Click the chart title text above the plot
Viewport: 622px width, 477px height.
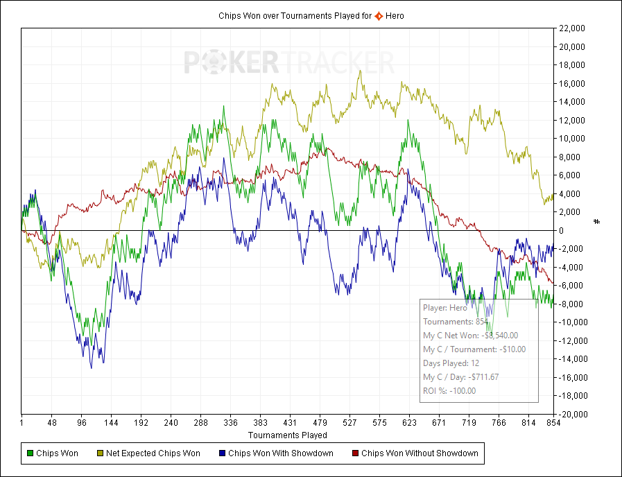[295, 15]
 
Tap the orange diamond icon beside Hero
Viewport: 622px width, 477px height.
[379, 15]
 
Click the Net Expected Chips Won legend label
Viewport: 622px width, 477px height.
[153, 453]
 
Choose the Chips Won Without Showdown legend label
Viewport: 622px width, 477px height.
[420, 453]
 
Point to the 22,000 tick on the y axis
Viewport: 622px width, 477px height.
[572, 28]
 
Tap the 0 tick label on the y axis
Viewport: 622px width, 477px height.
[561, 230]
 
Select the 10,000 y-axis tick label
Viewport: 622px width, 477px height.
[572, 139]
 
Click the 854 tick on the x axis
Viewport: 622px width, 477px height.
[553, 422]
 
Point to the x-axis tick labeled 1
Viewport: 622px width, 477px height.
[22, 422]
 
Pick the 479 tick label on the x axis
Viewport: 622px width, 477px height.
[320, 422]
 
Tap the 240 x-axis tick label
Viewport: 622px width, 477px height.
[171, 422]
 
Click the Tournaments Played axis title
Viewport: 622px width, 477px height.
[288, 435]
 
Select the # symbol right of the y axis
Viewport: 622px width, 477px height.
[596, 221]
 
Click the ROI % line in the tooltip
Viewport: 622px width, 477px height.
[449, 391]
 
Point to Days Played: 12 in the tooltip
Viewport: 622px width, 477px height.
[451, 363]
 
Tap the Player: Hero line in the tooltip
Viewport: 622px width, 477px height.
[445, 308]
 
